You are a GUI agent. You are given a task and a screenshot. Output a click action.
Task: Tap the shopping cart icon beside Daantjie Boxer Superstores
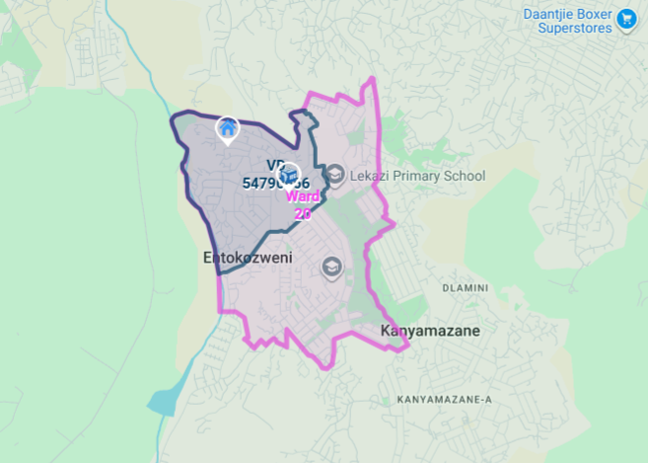point(625,20)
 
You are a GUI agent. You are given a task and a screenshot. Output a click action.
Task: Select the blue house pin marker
point(228,127)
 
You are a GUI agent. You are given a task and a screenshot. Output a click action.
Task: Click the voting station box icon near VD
point(285,175)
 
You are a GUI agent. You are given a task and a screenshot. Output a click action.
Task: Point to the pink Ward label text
point(302,195)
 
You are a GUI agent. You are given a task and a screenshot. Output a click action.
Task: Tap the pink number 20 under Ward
point(303,212)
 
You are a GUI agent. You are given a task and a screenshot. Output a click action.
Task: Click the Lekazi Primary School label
point(418,177)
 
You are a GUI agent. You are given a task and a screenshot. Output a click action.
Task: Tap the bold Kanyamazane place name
point(430,331)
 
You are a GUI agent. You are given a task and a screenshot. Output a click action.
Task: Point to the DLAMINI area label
point(466,288)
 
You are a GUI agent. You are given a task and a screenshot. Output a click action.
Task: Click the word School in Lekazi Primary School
point(465,177)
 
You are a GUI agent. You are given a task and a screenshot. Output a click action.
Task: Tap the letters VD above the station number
point(274,166)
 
